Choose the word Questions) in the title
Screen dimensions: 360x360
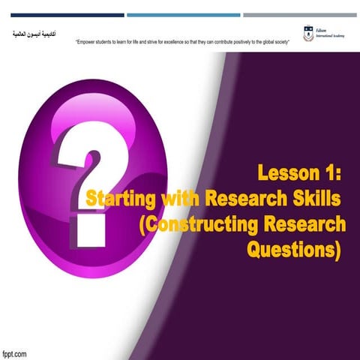(x=293, y=247)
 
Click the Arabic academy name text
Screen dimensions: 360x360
(x=34, y=35)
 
